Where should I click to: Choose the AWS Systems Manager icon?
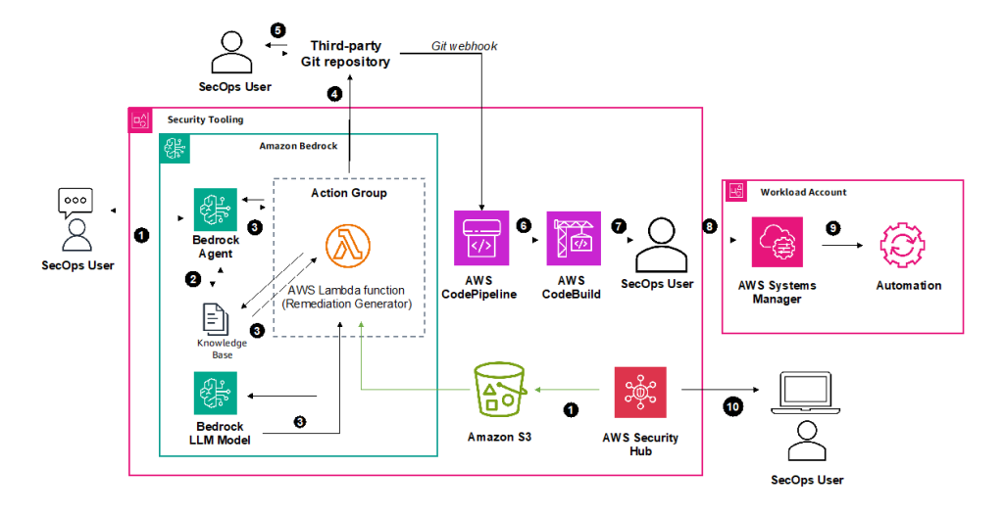tap(778, 242)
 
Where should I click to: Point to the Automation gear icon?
tap(908, 242)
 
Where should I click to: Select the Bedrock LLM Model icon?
tap(215, 396)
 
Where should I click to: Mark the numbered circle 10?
tap(733, 405)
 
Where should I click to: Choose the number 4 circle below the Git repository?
tap(334, 95)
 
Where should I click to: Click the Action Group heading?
tap(349, 192)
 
